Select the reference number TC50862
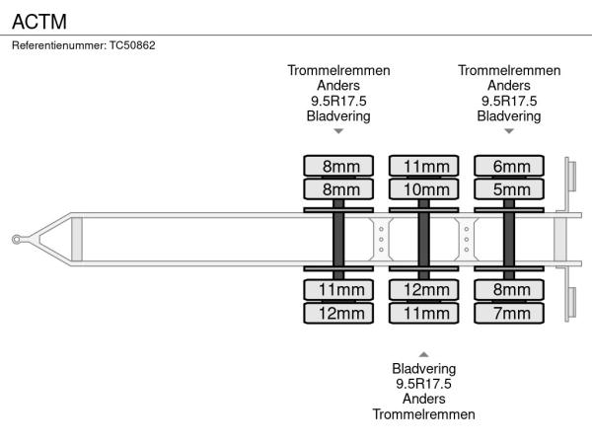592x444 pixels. (x=130, y=45)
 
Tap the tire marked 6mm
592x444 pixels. (x=510, y=166)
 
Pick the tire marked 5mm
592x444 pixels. (x=510, y=188)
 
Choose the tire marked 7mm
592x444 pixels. (x=510, y=313)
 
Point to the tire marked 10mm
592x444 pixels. (x=424, y=188)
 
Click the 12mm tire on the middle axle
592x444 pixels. (x=424, y=290)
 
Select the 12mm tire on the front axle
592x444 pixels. (x=338, y=313)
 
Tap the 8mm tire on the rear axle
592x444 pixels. (x=510, y=290)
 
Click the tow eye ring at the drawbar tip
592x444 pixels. (x=18, y=240)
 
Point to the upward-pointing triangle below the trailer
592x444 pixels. (x=423, y=353)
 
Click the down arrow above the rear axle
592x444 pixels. (x=509, y=130)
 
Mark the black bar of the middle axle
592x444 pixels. (x=424, y=239)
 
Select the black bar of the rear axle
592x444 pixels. (x=510, y=239)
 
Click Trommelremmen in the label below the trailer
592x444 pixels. (x=423, y=414)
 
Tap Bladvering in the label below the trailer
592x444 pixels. (x=423, y=368)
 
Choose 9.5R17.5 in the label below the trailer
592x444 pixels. (x=423, y=384)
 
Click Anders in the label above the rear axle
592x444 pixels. (x=509, y=86)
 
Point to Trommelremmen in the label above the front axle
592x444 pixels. (x=338, y=71)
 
